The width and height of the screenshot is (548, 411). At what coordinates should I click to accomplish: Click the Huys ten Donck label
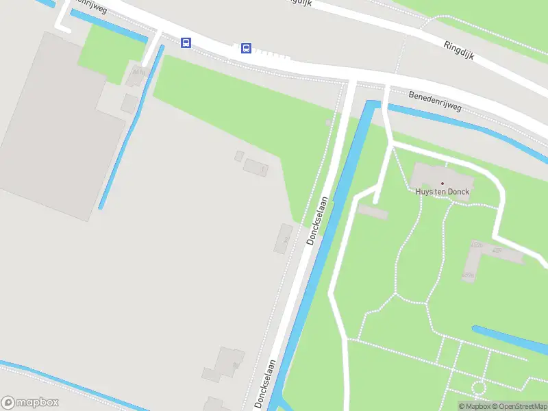click(x=443, y=192)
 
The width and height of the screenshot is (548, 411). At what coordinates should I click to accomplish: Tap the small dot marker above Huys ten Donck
click(x=443, y=183)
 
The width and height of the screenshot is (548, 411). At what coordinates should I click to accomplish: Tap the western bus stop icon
click(x=186, y=42)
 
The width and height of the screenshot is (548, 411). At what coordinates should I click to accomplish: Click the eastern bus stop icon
click(x=246, y=48)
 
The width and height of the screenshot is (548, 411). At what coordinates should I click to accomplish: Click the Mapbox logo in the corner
click(x=30, y=403)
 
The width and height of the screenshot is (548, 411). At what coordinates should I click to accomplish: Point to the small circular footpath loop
click(x=478, y=389)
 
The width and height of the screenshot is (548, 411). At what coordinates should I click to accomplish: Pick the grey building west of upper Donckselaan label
click(x=284, y=237)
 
